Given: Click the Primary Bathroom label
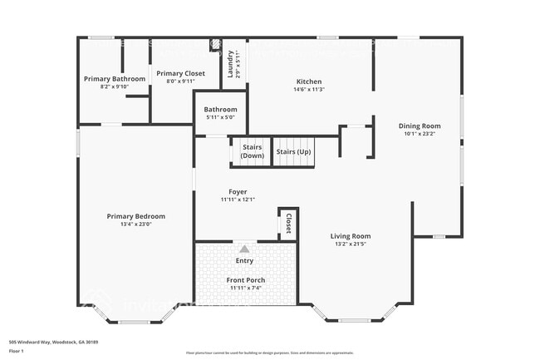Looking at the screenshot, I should [x=115, y=79].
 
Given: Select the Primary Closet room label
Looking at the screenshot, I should [x=180, y=73].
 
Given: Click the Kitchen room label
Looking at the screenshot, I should [x=309, y=81].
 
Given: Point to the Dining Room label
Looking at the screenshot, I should [x=420, y=126].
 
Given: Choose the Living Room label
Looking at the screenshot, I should [x=350, y=235].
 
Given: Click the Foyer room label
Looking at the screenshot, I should [x=238, y=191].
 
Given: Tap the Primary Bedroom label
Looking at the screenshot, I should [x=135, y=216].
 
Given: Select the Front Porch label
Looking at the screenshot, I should [x=245, y=280].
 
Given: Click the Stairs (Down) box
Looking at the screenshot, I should [x=253, y=151].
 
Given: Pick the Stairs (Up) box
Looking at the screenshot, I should [x=294, y=151].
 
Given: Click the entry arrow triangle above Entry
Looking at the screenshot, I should [x=244, y=249].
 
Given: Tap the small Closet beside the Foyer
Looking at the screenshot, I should [x=288, y=224].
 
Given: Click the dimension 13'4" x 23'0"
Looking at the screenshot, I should [x=135, y=224].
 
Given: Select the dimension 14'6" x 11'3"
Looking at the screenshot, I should [x=309, y=90].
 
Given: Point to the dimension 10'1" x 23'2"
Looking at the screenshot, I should [x=420, y=134].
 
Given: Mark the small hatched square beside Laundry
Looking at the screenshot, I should [x=215, y=43].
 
